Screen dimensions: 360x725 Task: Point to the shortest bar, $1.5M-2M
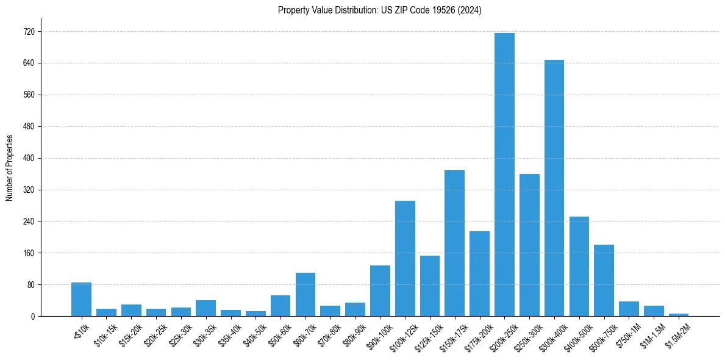point(679,315)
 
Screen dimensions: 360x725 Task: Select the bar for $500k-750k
point(604,280)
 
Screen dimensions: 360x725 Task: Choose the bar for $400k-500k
point(579,266)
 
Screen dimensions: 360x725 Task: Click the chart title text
point(379,10)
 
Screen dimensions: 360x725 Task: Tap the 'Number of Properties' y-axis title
point(10,168)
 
